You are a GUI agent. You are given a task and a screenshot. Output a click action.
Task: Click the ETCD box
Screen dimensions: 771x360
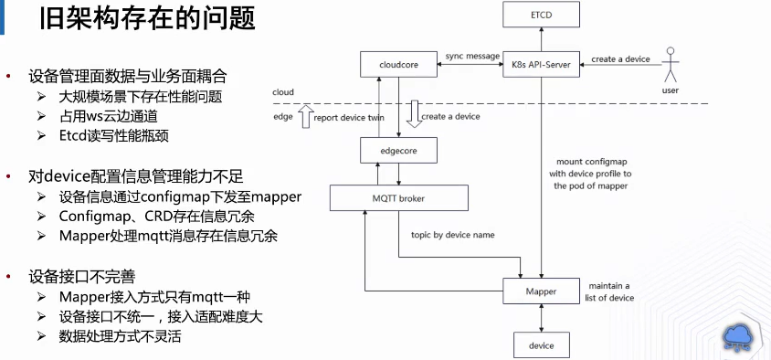pyautogui.click(x=542, y=15)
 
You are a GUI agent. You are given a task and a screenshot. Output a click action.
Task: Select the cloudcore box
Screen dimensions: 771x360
pyautogui.click(x=398, y=65)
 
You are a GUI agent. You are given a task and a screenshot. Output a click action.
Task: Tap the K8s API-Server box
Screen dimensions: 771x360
pyautogui.click(x=542, y=65)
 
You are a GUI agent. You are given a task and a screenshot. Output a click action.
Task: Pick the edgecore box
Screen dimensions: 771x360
pyautogui.click(x=398, y=150)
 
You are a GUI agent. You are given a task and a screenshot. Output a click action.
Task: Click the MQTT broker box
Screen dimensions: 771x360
pyautogui.click(x=398, y=198)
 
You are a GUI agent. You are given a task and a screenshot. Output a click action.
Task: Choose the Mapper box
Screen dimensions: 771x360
pyautogui.click(x=542, y=291)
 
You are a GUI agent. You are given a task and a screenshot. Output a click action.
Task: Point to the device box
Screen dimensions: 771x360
pyautogui.click(x=542, y=345)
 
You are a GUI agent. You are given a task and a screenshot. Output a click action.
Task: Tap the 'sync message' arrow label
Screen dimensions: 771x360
pyautogui.click(x=472, y=56)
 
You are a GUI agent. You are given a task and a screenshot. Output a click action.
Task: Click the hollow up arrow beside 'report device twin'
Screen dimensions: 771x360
pyautogui.click(x=306, y=117)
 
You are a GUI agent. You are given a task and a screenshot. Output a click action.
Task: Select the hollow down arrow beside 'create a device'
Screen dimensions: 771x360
pyautogui.click(x=415, y=114)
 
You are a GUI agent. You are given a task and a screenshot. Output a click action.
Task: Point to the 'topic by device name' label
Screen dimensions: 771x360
pyautogui.click(x=452, y=235)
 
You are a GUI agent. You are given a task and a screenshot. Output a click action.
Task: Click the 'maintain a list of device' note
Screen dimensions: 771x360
pyautogui.click(x=609, y=291)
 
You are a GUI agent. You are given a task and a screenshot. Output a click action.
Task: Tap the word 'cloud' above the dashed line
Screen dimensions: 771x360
pyautogui.click(x=283, y=92)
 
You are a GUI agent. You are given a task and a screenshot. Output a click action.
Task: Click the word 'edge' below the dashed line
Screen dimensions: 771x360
pyautogui.click(x=282, y=117)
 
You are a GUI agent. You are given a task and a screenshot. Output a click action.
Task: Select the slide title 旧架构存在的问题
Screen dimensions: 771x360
pyautogui.click(x=147, y=19)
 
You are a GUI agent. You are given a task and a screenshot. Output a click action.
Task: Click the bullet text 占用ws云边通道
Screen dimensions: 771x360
pyautogui.click(x=107, y=116)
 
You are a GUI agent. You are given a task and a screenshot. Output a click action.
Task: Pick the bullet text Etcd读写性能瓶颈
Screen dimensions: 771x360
pyautogui.click(x=113, y=135)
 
